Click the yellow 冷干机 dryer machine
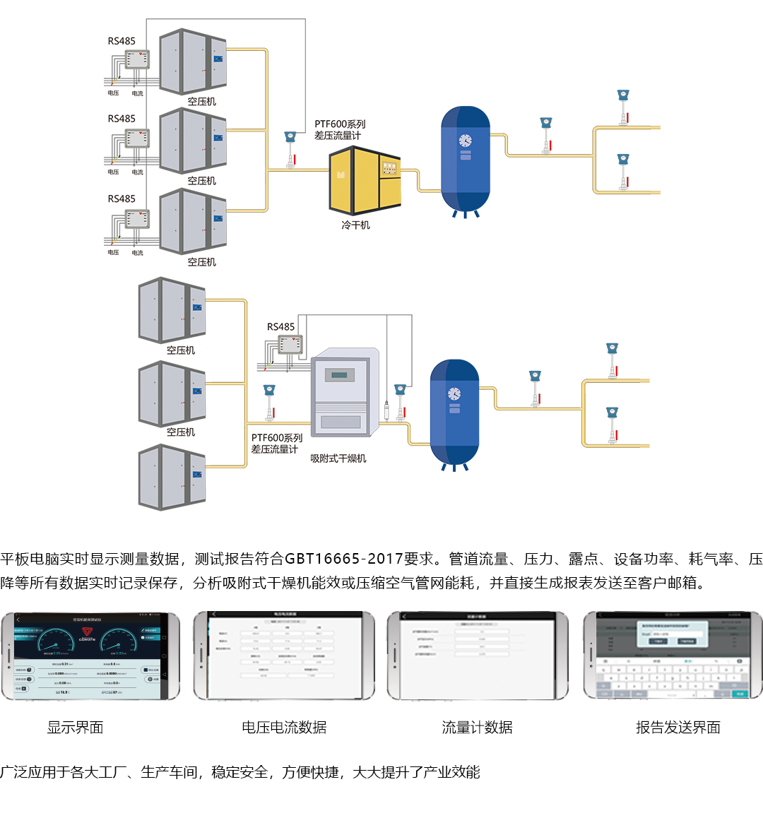[x=365, y=182]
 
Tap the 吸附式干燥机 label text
[x=338, y=458]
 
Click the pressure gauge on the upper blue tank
[x=465, y=141]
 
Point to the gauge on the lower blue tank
[x=454, y=393]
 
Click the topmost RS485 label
[x=122, y=41]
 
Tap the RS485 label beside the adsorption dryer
[x=280, y=326]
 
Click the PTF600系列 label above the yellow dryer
[x=340, y=124]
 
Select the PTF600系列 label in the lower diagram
[x=276, y=438]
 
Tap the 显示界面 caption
[x=75, y=728]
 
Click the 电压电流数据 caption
[x=284, y=728]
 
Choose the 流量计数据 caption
[x=477, y=728]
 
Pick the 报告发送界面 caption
[x=678, y=728]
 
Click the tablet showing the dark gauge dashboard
[x=90, y=656]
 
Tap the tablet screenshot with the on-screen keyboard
[x=672, y=656]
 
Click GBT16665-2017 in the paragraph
[x=343, y=559]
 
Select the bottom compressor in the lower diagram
[x=172, y=477]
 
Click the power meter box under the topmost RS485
[x=137, y=59]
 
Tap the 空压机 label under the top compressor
[x=201, y=102]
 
